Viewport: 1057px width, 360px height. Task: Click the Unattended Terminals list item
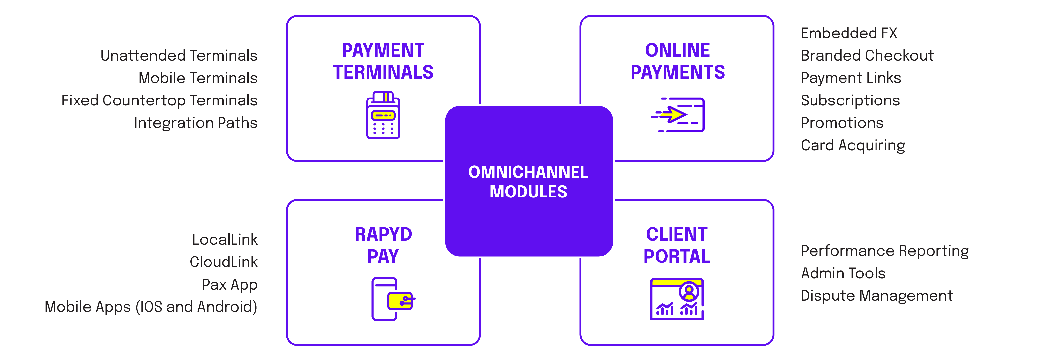179,55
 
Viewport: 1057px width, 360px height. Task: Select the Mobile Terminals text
198,78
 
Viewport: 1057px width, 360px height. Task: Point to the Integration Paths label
195,123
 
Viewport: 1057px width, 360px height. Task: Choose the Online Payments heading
677,61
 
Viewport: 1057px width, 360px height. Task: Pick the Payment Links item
851,78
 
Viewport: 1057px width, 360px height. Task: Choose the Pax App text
229,285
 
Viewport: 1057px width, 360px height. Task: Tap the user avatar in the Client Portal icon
689,292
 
